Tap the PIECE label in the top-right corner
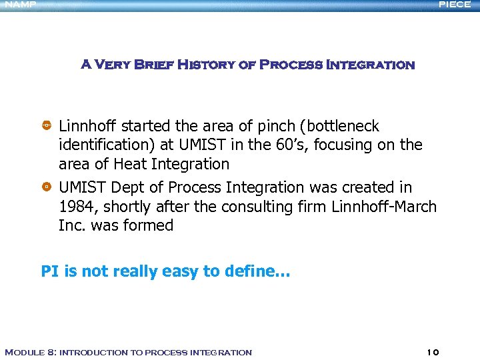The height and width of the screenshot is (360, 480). point(455,5)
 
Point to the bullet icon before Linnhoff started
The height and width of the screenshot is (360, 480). point(47,126)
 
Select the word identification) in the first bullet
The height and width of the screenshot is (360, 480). point(101,145)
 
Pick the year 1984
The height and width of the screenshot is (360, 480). point(77,207)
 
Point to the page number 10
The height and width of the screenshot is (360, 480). point(432,352)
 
